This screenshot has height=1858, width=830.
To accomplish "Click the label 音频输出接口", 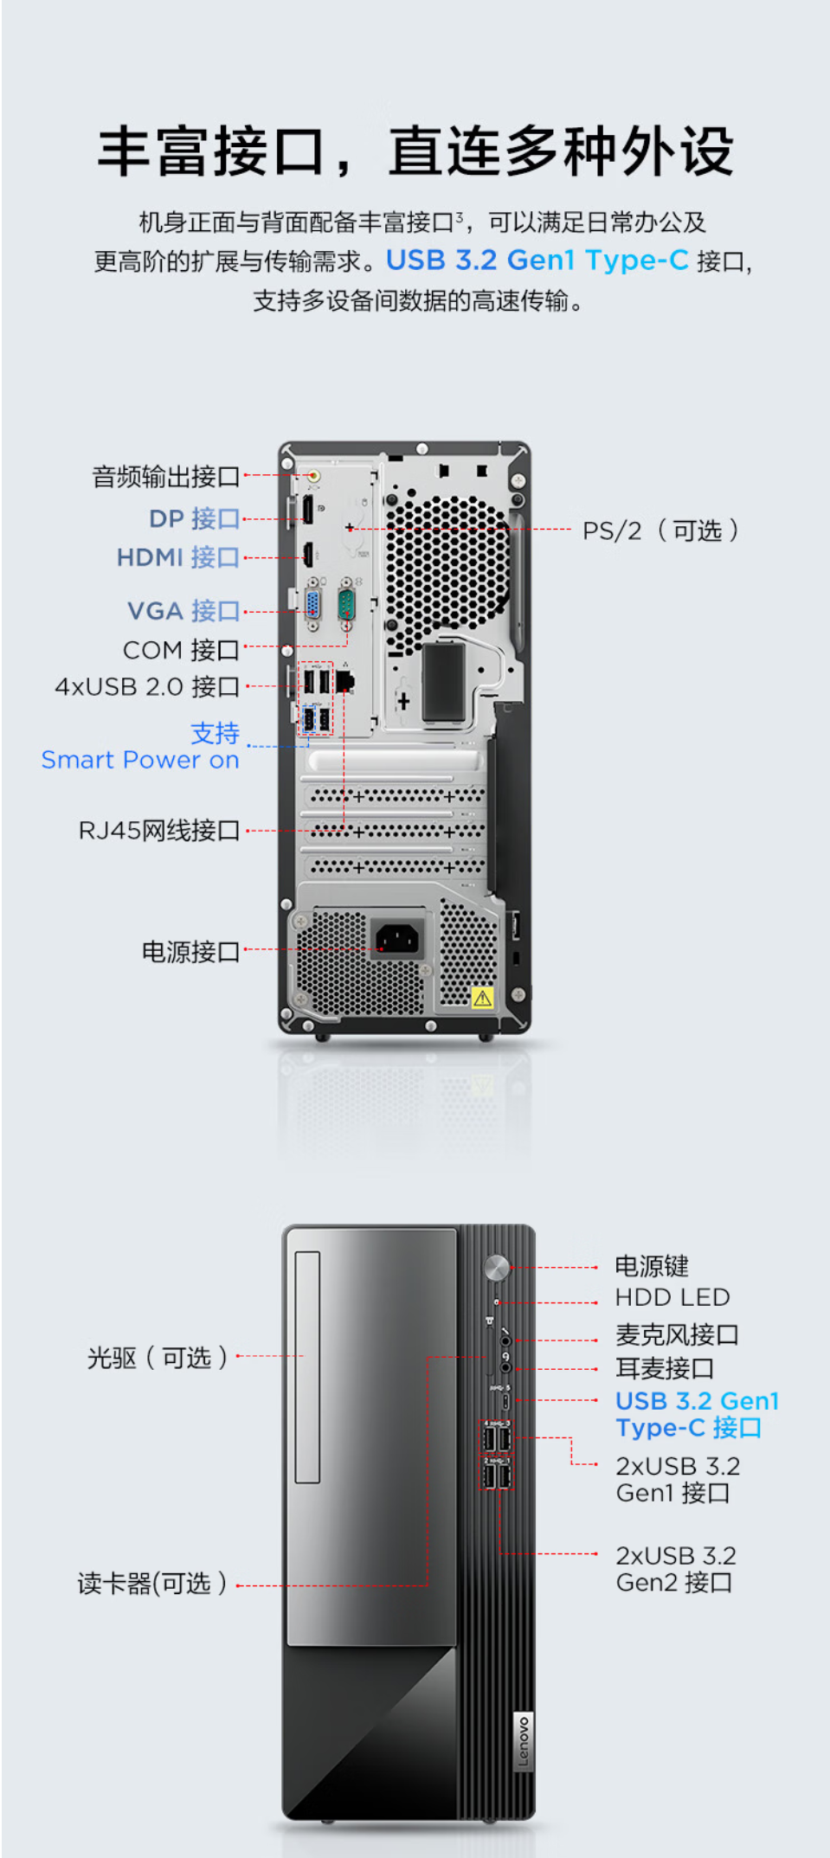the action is pyautogui.click(x=166, y=477).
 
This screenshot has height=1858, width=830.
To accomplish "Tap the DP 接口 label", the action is pyautogui.click(x=194, y=518).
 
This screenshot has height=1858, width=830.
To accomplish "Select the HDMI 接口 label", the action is pyautogui.click(x=178, y=557).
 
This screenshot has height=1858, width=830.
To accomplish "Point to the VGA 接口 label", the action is pyautogui.click(x=183, y=611).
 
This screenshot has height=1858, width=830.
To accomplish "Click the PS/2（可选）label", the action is pyautogui.click(x=660, y=530).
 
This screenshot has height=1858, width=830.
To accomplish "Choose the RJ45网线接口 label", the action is pyautogui.click(x=159, y=831).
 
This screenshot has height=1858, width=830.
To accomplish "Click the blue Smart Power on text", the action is pyautogui.click(x=140, y=760).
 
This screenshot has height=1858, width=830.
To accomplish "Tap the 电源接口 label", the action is pyautogui.click(x=190, y=952).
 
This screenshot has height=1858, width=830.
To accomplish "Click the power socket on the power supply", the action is pyautogui.click(x=398, y=937).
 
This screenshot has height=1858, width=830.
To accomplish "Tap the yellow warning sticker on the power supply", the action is pyautogui.click(x=482, y=998).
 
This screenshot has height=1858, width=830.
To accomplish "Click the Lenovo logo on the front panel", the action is pyautogui.click(x=524, y=1742).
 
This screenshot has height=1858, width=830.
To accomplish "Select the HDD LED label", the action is pyautogui.click(x=672, y=1297).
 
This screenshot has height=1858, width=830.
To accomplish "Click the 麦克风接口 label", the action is pyautogui.click(x=677, y=1334).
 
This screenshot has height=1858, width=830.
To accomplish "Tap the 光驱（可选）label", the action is pyautogui.click(x=158, y=1357).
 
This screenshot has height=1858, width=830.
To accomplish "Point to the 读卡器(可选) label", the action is pyautogui.click(x=152, y=1584).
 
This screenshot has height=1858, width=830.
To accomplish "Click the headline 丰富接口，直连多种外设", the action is pyautogui.click(x=415, y=152).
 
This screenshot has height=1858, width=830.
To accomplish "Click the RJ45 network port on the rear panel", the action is pyautogui.click(x=345, y=680).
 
